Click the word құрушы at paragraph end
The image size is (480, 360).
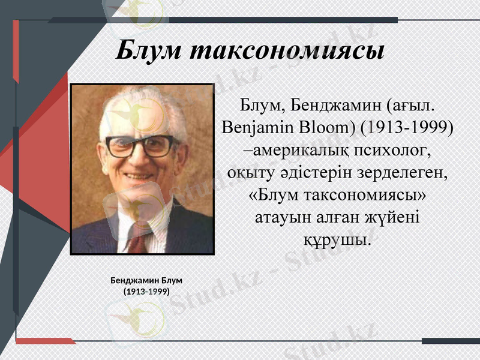(336, 240)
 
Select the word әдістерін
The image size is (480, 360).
(317, 173)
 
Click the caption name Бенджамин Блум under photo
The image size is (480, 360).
(146, 280)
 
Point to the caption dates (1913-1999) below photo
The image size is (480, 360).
(146, 292)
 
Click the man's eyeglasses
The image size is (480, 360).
(142, 146)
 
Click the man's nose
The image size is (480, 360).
(139, 161)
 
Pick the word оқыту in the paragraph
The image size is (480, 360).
(253, 173)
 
